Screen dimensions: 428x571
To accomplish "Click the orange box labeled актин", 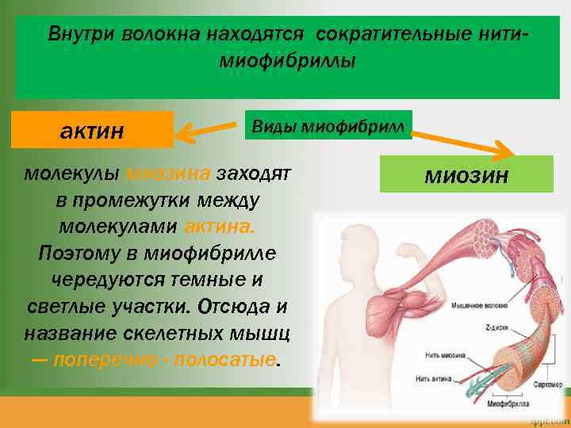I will coord(92,129).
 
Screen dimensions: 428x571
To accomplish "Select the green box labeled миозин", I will coord(466,174).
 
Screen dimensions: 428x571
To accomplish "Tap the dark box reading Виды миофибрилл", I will coord(328,125).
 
